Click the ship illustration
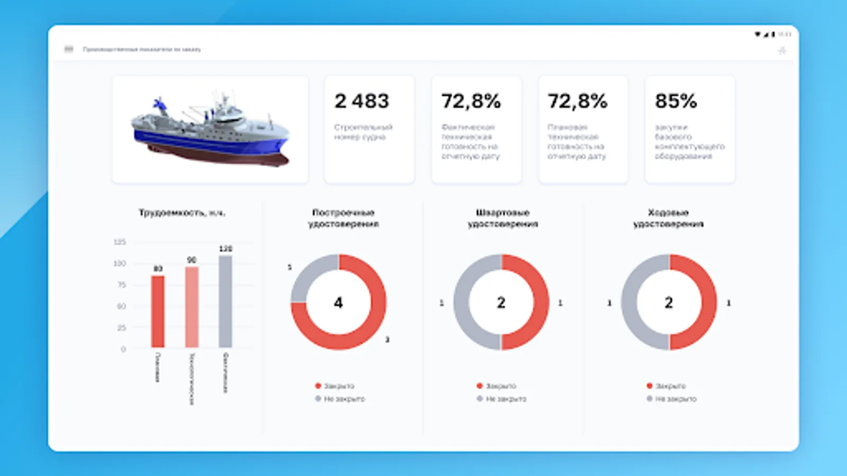coord(211,130)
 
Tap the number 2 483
coord(362,101)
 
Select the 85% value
coord(676,101)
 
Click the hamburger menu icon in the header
coord(69,49)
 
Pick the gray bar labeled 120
coord(226,301)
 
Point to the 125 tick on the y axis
coord(120,242)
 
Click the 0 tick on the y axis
coord(123,349)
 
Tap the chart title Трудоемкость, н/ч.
coord(182,213)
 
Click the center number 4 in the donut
coord(338,303)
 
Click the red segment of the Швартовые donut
coord(540,302)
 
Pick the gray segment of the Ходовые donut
coord(630,302)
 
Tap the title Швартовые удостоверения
coord(502,218)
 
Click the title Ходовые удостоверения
coord(668,218)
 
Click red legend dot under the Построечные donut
coord(318,386)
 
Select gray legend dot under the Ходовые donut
coord(650,399)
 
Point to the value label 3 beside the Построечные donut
coord(388,340)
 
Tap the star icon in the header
coord(782,51)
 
